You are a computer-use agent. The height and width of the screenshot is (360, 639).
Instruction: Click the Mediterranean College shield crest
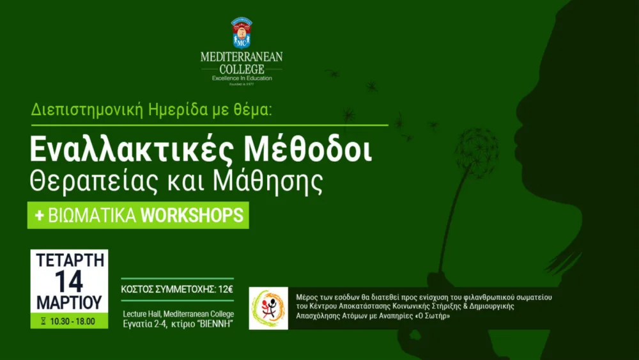coord(242,33)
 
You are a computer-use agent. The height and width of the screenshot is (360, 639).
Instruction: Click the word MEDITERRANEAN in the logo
coord(242,57)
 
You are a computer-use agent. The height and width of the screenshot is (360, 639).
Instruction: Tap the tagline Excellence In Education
coord(242,78)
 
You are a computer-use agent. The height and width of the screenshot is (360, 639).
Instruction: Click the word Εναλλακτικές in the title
coord(131,150)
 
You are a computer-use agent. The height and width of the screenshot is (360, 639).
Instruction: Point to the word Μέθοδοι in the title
coord(308,150)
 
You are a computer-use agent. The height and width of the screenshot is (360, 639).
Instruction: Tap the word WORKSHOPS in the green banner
coord(192,215)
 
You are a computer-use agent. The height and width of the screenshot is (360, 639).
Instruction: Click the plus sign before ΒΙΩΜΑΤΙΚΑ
coord(39,215)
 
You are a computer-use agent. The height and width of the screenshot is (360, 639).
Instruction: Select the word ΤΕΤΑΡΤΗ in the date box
coord(70,260)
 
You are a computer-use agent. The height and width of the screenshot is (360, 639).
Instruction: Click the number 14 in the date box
coord(69,281)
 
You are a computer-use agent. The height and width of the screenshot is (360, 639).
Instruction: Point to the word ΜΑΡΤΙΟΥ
coord(69,302)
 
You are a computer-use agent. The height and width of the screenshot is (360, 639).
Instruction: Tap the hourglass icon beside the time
coord(43,321)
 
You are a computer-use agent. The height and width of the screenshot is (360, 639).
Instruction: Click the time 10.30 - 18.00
coord(73,321)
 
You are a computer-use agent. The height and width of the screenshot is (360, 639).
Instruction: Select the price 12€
coord(226,290)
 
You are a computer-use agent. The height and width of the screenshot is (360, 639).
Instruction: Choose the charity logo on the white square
coord(268,308)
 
